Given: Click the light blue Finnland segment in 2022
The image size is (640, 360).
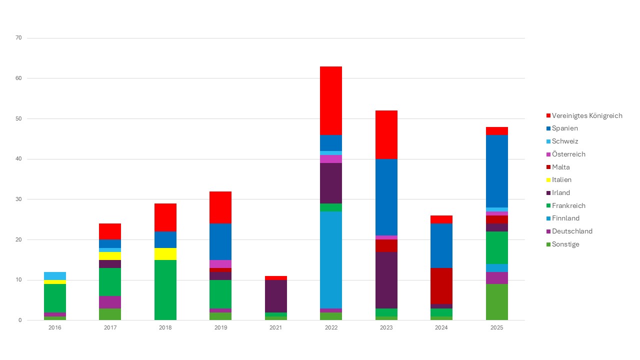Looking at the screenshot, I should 331,259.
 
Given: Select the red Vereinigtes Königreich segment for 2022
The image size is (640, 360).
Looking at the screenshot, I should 331,100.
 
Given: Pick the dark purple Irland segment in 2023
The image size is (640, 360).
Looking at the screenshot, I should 386,280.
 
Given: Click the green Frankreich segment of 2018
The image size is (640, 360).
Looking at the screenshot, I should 165,290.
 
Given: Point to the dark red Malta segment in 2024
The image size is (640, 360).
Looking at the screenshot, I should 441,286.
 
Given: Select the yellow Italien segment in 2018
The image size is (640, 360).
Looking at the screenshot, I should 165,253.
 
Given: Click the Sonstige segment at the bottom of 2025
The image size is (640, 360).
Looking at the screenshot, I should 496,302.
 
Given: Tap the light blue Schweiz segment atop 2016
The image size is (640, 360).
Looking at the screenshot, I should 55,275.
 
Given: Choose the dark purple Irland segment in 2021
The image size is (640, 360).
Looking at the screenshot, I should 276,296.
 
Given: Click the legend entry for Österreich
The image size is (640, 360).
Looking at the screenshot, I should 568,154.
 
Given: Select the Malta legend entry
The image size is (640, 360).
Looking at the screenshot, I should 560,167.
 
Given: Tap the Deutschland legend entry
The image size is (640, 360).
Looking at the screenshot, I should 572,231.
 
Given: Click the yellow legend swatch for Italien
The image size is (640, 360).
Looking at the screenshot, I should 548,180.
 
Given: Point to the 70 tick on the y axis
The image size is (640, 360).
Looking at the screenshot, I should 19,38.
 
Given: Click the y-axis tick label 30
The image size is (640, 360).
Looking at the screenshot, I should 19,199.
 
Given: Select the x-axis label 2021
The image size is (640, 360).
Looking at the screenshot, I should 276,328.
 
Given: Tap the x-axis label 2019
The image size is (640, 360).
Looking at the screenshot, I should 220,328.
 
